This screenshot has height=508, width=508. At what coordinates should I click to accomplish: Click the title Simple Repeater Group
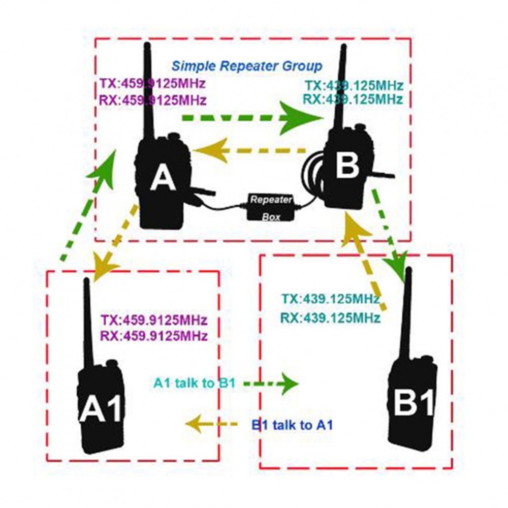(x=246, y=66)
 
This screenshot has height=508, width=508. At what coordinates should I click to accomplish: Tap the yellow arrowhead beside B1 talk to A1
(x=196, y=423)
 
